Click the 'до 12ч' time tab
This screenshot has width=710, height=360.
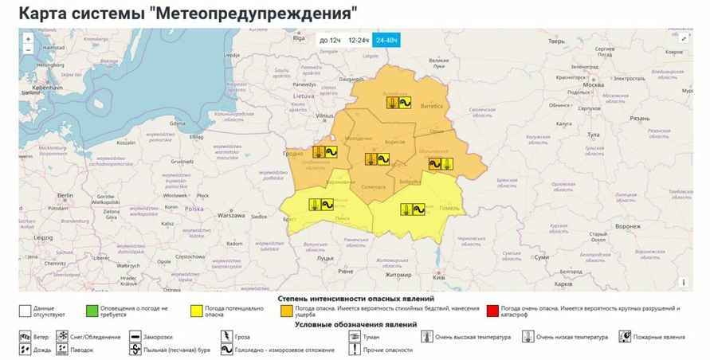[x=330, y=39]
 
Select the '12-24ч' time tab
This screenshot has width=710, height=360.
[x=359, y=39]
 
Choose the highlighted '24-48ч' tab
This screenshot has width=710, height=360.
[x=388, y=39]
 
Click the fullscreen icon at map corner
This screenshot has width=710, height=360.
[x=684, y=37]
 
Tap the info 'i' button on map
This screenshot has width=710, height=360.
[x=684, y=281]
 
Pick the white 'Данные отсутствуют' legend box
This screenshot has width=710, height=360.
[x=25, y=311]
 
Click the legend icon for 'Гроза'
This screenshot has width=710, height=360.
[x=227, y=337]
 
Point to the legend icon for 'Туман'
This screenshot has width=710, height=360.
[x=355, y=337]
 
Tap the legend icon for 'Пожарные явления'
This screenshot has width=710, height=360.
[x=626, y=337]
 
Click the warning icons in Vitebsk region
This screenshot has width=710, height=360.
[x=398, y=103]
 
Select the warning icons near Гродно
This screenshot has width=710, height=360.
[x=325, y=151]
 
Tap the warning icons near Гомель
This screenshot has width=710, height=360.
[x=416, y=210]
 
